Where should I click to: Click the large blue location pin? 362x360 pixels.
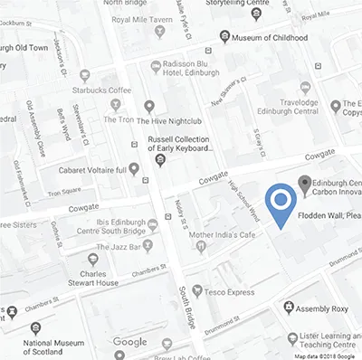pyautogui.click(x=281, y=203)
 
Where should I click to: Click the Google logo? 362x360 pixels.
pyautogui.click(x=130, y=342)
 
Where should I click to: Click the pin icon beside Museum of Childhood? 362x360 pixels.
pyautogui.click(x=224, y=37)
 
